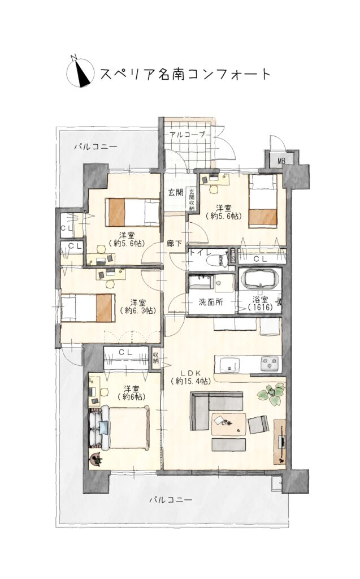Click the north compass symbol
coord(79,71)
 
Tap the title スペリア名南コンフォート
coord(186,74)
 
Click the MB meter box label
coord(281,161)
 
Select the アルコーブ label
coord(187,135)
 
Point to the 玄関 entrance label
coord(176,192)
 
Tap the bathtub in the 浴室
coord(260,279)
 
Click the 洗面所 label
coord(211,302)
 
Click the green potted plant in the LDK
coord(272,394)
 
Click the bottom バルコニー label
coord(171,500)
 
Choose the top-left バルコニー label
coord(96,147)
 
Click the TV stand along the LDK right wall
coord(280,441)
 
